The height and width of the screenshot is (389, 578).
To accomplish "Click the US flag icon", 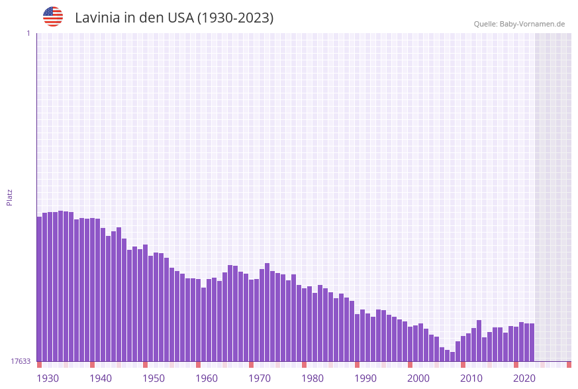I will pos(53,17).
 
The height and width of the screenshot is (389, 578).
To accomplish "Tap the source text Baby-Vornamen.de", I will pos(532,24).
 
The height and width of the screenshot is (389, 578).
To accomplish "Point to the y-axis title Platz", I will pos(9,197).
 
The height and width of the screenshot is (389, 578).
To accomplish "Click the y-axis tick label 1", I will pos(28,33).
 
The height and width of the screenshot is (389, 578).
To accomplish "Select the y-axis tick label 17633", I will pos(21,361).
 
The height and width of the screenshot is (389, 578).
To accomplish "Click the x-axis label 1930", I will pos(48,378).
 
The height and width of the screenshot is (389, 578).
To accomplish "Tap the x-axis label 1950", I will pos(154,378).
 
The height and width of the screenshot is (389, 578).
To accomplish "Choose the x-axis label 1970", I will pos(260,378).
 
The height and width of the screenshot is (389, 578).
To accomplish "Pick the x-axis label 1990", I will pos(365,378).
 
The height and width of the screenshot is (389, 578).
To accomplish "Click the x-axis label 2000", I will pos(418,378).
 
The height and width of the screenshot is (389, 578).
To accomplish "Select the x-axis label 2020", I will pos(524,378).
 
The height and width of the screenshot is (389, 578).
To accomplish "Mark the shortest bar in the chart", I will pos(452,357).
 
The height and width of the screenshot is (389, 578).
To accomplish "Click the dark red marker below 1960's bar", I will pos(198,364).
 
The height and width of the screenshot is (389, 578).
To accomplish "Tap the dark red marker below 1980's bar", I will pos(304,364).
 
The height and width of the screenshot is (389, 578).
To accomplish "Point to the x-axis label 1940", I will pos(101,378).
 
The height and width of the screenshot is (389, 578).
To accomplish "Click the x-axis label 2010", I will pos(471,378).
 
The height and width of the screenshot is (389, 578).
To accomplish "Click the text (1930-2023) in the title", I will pos(235,18).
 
